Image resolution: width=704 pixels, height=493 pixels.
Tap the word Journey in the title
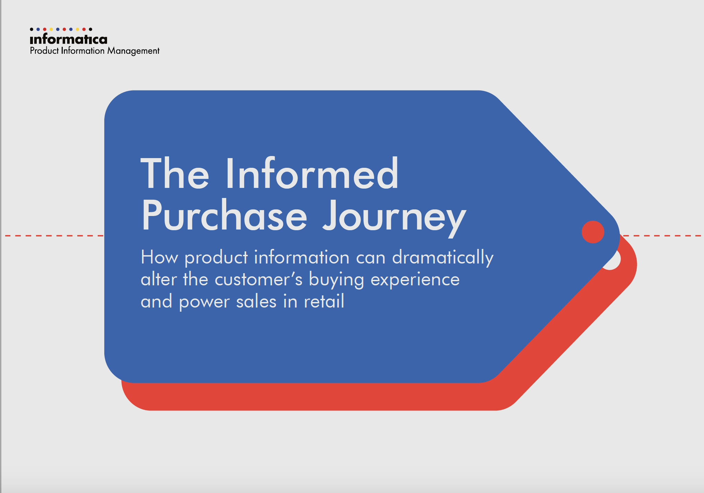pos(394,218)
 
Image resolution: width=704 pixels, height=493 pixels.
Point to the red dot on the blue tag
pos(593,232)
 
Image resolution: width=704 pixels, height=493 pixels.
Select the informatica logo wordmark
pos(69,39)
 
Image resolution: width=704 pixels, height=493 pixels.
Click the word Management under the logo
pos(133,51)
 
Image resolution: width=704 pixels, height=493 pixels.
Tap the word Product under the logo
pos(44,51)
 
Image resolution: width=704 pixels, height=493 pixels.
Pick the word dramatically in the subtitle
pos(443,258)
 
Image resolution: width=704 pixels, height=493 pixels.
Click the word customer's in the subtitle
pos(258,279)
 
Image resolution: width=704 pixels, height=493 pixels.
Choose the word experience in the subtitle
pos(415,280)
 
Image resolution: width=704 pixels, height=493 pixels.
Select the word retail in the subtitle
pos(324,301)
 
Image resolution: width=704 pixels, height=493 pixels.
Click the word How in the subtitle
pos(159,257)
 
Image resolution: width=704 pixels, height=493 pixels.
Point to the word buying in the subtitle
pos(336,280)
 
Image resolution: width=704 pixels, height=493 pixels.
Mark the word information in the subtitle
pos(302,257)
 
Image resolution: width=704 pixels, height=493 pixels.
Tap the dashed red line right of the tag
pos(662,236)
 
